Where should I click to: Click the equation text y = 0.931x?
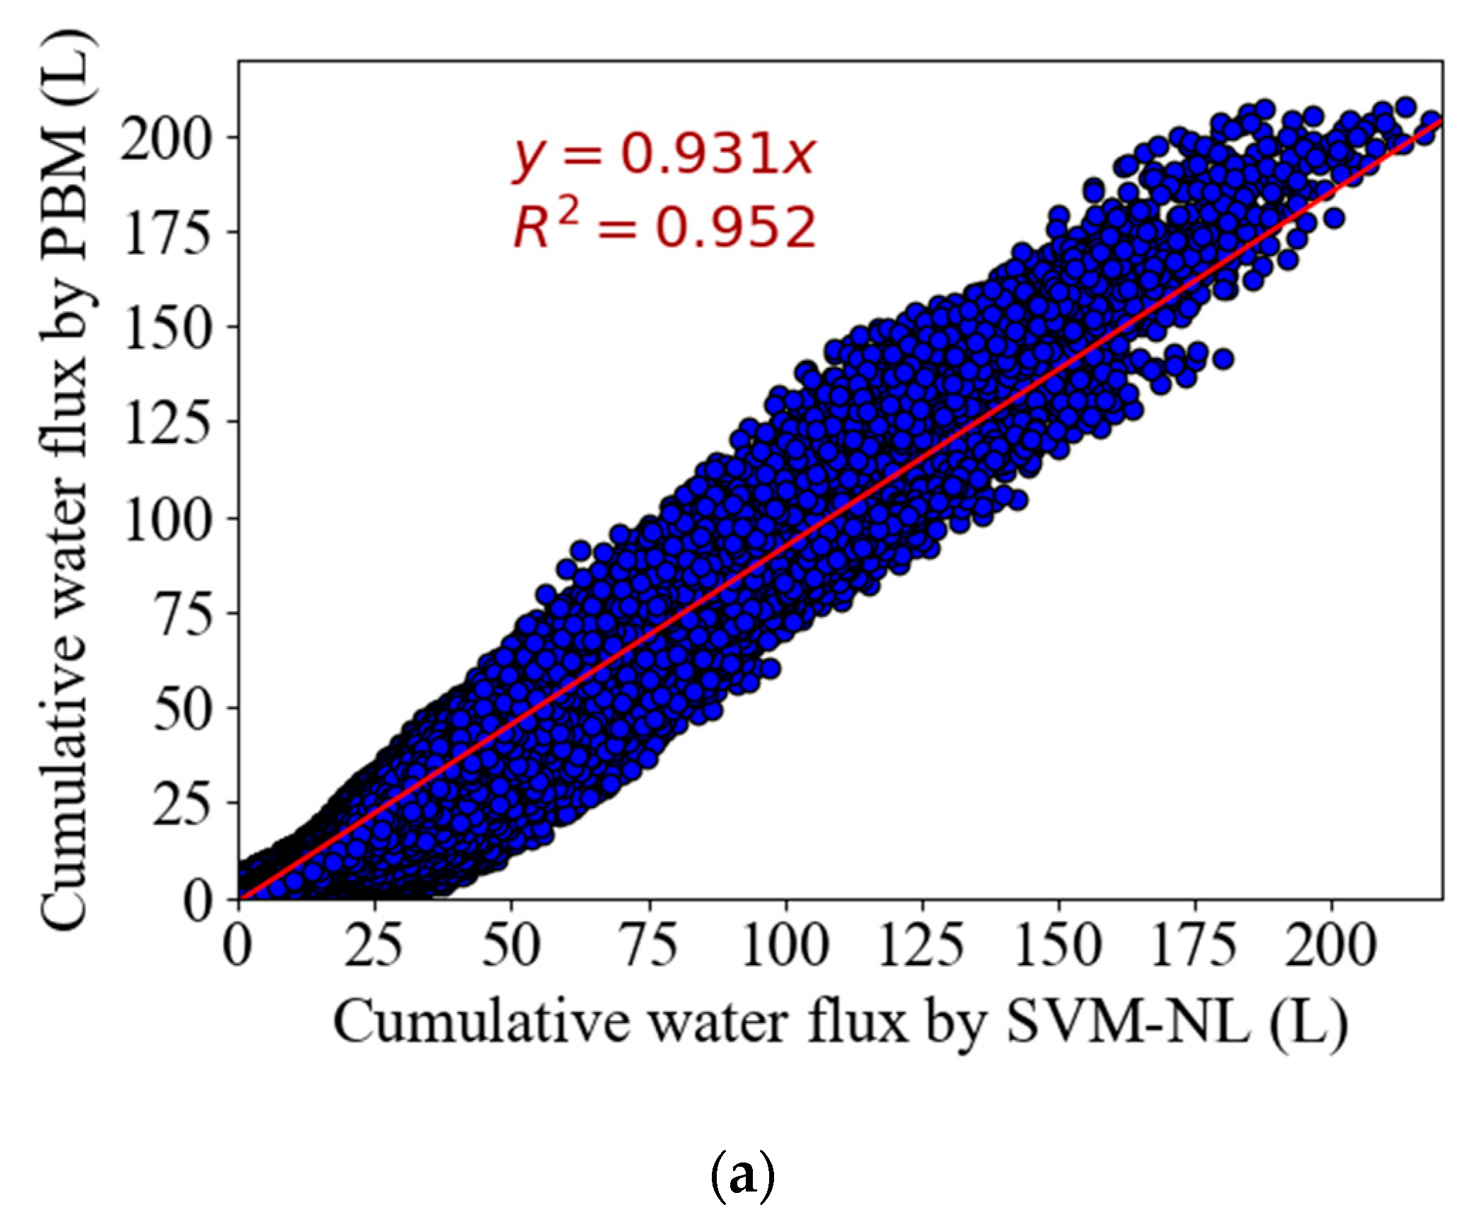[663, 157]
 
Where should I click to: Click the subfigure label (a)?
[741, 1177]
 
